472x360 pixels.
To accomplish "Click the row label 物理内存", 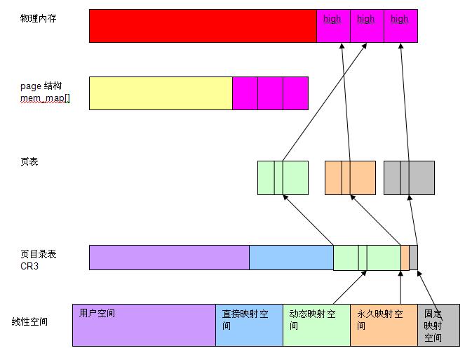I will (x=38, y=18).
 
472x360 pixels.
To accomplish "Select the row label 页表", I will (x=29, y=162).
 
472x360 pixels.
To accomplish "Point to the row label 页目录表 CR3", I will (x=38, y=260).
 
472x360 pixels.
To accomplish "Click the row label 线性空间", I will (x=29, y=322).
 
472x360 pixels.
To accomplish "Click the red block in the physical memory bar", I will (x=203, y=26).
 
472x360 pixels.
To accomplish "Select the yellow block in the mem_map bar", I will (x=161, y=93).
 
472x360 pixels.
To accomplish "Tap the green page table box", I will (x=283, y=178).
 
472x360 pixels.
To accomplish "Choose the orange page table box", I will (x=350, y=178).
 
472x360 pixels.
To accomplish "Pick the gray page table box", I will (x=409, y=178).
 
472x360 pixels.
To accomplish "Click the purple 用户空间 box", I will (x=144, y=325).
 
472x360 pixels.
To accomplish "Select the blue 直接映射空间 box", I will (x=249, y=325).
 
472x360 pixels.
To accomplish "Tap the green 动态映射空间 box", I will (x=316, y=325).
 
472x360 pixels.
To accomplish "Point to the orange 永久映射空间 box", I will (x=384, y=325).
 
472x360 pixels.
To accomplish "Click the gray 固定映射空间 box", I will (x=438, y=325).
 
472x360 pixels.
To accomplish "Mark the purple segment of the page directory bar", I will (x=169, y=258).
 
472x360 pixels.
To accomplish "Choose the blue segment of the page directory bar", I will (x=291, y=258).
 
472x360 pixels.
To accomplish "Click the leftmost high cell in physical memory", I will (x=332, y=26).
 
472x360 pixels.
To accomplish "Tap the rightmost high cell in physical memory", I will (x=400, y=26).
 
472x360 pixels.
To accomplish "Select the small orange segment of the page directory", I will (x=405, y=258).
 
